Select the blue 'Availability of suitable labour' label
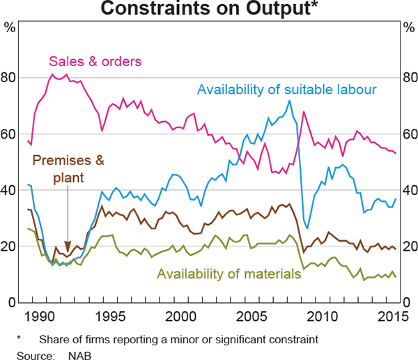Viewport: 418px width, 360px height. [x=287, y=90]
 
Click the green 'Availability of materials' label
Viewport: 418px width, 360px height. [x=229, y=273]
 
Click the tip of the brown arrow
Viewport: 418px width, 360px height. [x=68, y=252]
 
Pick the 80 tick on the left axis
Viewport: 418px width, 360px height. [x=12, y=77]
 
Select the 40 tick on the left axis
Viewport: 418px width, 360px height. [x=12, y=190]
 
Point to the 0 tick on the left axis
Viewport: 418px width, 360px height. [x=15, y=303]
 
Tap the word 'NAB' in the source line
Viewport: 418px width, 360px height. [x=81, y=354]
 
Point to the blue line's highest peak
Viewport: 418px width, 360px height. [x=289, y=100]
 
